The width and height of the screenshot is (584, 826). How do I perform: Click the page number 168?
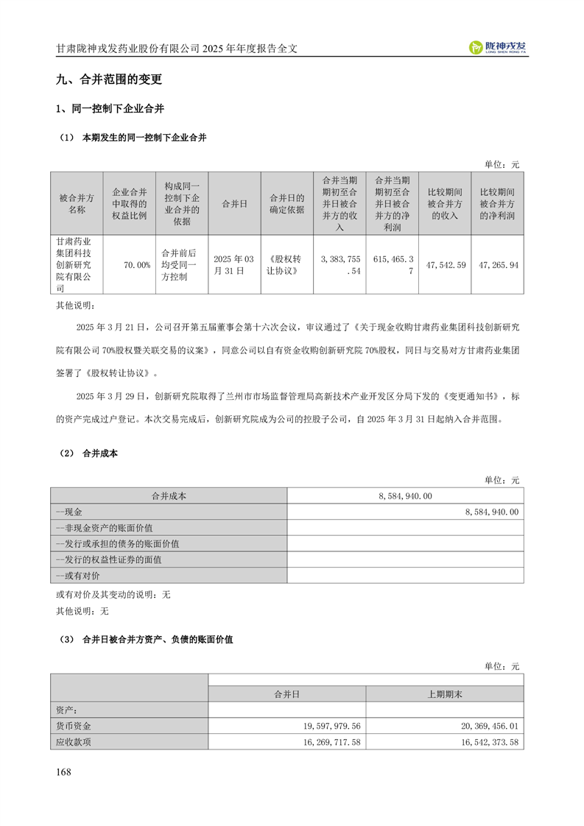click(x=63, y=772)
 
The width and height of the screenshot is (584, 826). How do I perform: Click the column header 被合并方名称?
click(x=77, y=203)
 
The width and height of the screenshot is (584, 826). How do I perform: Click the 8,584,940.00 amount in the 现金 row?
click(x=492, y=512)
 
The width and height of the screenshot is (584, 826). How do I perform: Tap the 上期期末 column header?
click(x=445, y=693)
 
